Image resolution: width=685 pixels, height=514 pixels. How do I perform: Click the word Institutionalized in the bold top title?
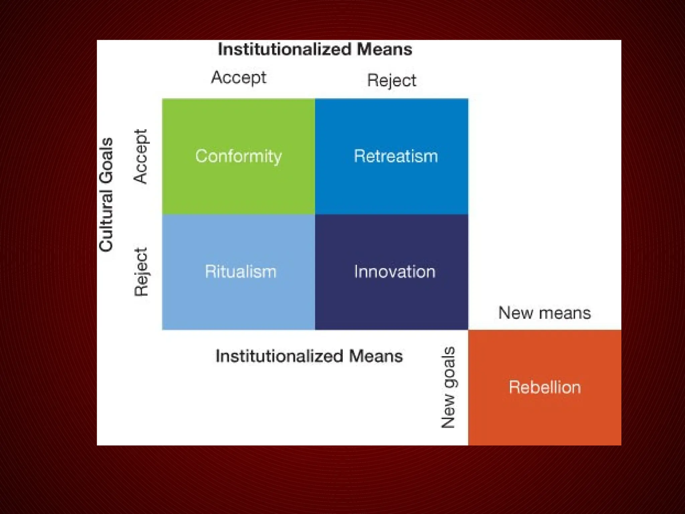(x=285, y=50)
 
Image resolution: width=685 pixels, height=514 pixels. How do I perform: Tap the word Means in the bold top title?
(x=385, y=50)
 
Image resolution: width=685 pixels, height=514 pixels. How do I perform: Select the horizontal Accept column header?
(x=239, y=78)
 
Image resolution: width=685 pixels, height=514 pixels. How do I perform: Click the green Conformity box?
(x=238, y=156)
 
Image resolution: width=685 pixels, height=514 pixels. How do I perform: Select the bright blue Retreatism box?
(x=392, y=156)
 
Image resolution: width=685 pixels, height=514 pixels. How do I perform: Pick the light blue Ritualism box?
(x=238, y=272)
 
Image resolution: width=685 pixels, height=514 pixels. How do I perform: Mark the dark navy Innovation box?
(x=392, y=272)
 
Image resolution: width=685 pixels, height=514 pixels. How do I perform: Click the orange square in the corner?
(x=545, y=388)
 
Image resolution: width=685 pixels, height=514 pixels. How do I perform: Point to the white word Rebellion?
(x=545, y=387)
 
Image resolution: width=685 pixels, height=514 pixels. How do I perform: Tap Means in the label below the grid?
(x=376, y=356)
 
